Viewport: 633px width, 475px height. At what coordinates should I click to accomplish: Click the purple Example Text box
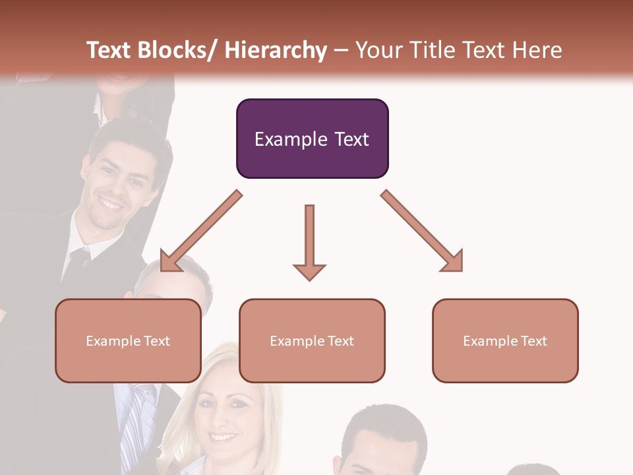pyautogui.click(x=312, y=139)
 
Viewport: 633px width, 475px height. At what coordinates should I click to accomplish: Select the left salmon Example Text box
pyautogui.click(x=128, y=340)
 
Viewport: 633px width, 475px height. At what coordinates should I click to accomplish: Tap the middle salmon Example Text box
pyautogui.click(x=312, y=340)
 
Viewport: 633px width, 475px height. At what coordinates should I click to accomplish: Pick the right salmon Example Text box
pyautogui.click(x=505, y=340)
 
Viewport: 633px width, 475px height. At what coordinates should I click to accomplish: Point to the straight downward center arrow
pyautogui.click(x=309, y=241)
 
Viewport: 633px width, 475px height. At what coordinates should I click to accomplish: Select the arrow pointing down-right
pyautogui.click(x=422, y=231)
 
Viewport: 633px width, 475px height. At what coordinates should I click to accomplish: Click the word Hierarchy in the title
pyautogui.click(x=276, y=50)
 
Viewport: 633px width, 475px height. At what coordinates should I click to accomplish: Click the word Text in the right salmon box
pyautogui.click(x=533, y=340)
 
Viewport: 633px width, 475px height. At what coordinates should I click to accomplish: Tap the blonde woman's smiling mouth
pyautogui.click(x=224, y=437)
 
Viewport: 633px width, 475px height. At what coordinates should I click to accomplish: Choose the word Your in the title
pyautogui.click(x=377, y=50)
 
